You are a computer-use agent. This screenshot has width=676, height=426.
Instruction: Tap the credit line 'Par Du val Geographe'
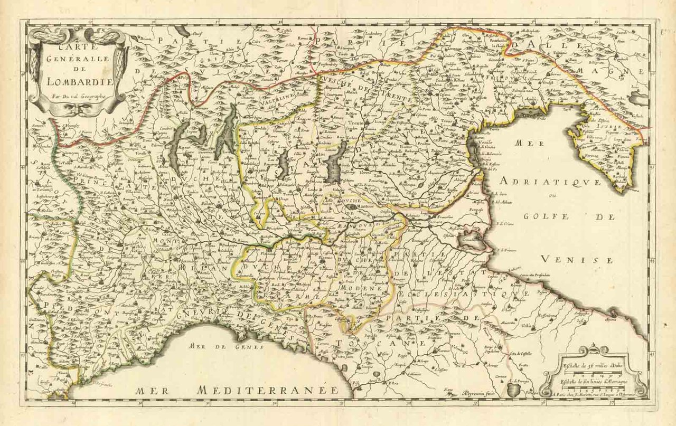point(79,96)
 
